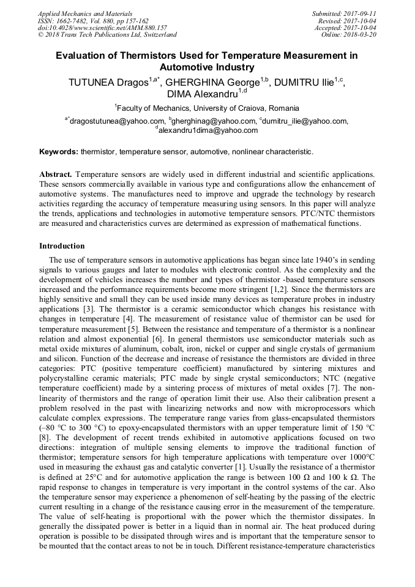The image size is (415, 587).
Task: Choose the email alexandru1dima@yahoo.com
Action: [208, 130]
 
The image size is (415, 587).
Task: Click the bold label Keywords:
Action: [59, 151]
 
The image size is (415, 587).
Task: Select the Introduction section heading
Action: [62, 246]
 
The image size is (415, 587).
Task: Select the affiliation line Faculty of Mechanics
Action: [207, 108]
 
